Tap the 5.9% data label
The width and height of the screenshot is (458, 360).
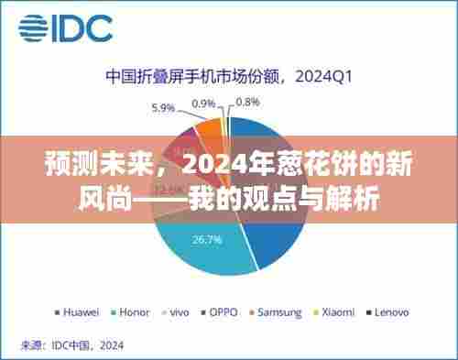click(163, 108)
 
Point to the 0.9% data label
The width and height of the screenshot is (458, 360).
click(203, 103)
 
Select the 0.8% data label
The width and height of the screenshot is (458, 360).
click(247, 103)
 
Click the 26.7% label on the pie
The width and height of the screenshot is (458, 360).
click(203, 240)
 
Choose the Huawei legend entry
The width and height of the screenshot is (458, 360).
click(79, 311)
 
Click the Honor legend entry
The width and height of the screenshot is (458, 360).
click(134, 311)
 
